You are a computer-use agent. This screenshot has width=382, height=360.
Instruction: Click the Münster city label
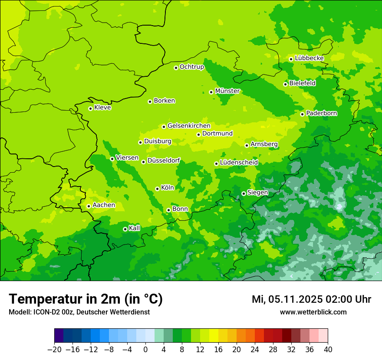coord(227,91)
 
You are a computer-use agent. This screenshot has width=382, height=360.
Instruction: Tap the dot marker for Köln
coord(157,189)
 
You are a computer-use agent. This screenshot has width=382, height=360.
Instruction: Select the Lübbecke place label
coord(309,58)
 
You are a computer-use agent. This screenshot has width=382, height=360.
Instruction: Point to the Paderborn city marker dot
coord(302,114)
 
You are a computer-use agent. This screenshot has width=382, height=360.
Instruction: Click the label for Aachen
coord(104,205)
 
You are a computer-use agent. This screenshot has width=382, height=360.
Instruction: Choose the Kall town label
coord(135,228)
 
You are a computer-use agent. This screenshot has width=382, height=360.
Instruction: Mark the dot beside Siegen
coord(244,193)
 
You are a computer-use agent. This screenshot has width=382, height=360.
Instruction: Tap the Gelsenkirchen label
coord(189,126)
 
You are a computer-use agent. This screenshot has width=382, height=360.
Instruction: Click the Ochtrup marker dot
coord(176,68)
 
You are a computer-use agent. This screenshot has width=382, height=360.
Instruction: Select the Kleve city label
coord(102,108)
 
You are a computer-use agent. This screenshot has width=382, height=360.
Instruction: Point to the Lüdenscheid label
coord(239,163)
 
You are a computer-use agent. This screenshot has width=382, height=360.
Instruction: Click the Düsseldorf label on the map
coord(164,161)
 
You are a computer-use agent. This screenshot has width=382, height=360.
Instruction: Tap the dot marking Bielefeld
coord(285,84)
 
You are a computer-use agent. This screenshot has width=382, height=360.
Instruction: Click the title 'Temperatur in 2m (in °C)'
coord(86,299)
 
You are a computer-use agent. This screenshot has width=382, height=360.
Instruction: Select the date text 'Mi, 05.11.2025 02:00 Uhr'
coord(311,299)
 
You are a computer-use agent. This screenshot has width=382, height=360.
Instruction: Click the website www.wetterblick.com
coord(313,312)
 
